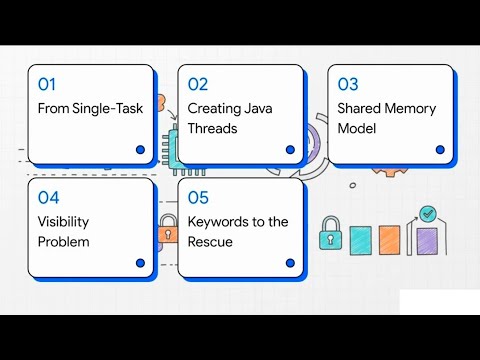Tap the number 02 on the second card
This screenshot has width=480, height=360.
198,85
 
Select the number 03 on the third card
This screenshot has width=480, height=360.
348,85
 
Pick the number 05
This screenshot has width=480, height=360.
198,197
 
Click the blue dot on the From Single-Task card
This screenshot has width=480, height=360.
140,149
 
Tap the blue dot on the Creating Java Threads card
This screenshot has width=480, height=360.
290,149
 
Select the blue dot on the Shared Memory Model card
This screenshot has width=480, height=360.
440,149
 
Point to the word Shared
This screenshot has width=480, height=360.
361,108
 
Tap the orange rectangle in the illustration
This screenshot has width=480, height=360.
390,241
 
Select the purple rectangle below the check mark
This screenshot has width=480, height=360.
427,243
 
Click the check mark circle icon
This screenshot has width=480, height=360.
428,213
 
